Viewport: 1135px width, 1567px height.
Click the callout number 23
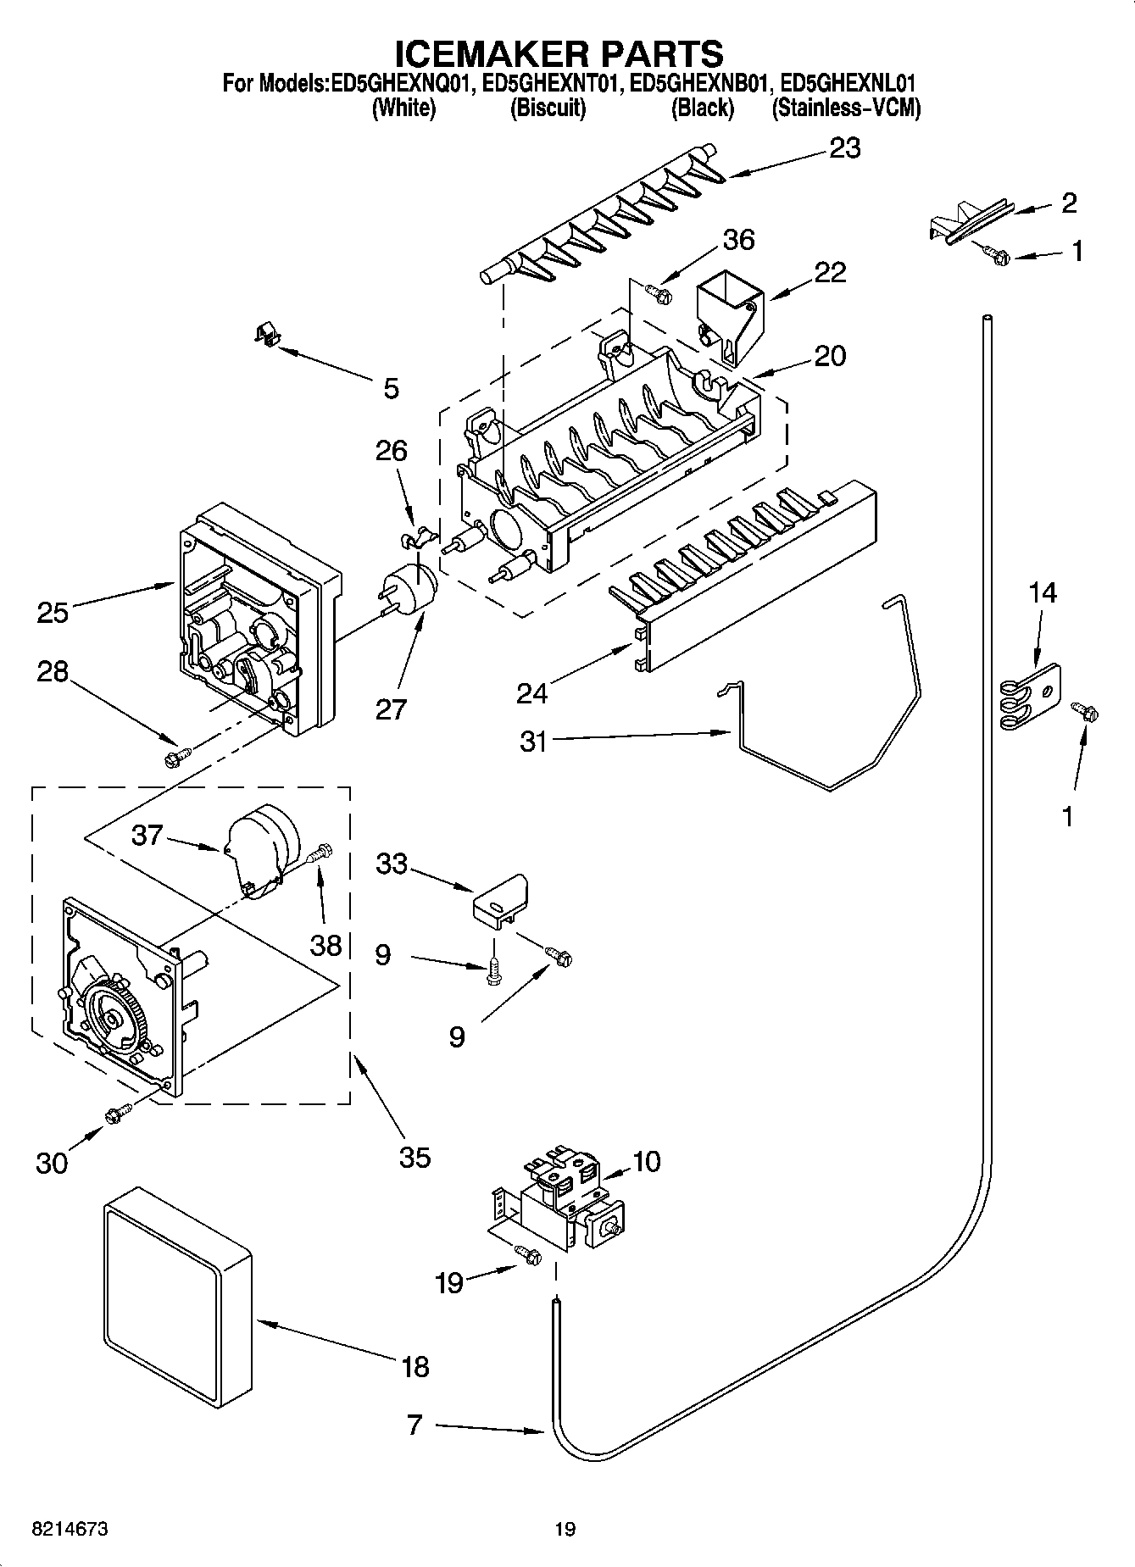pyautogui.click(x=844, y=148)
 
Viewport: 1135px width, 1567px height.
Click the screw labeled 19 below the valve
pyautogui.click(x=528, y=1258)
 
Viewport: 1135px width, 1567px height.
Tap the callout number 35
pyautogui.click(x=414, y=1157)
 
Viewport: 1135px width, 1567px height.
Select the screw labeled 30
pyautogui.click(x=117, y=1114)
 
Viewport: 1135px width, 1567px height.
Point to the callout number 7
pyautogui.click(x=414, y=1425)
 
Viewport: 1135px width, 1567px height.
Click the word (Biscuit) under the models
pyautogui.click(x=547, y=108)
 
